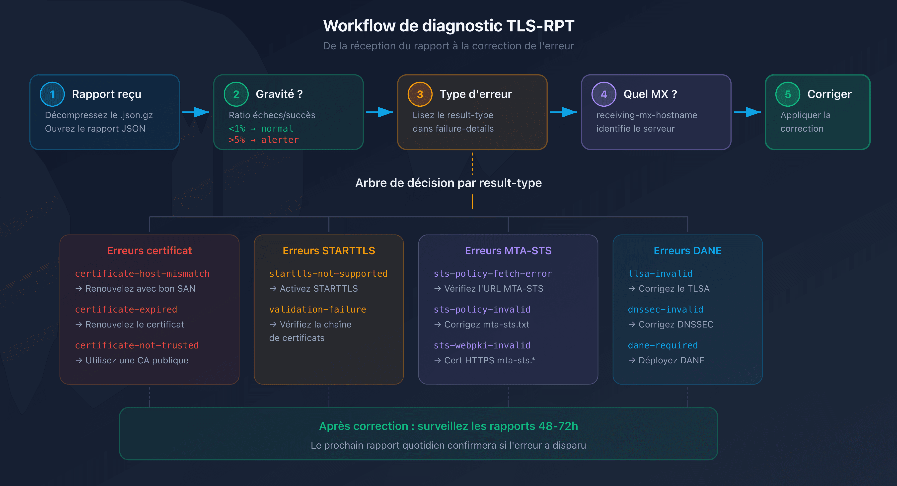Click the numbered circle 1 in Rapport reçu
52,94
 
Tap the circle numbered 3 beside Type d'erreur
420,94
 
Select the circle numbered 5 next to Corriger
788,94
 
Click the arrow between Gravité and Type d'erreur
380,112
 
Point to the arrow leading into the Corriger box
747,112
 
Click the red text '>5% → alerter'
264,140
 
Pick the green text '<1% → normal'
261,129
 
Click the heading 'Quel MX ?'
650,94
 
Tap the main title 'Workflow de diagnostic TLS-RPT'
448,26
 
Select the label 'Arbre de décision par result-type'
448,183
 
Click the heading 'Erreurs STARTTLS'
329,250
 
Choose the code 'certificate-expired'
126,309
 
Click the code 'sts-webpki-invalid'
482,345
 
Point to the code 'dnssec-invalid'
666,309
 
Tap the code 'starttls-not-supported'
328,273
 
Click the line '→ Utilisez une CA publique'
132,360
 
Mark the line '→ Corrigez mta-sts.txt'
482,324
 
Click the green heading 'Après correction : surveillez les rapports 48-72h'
448,426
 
